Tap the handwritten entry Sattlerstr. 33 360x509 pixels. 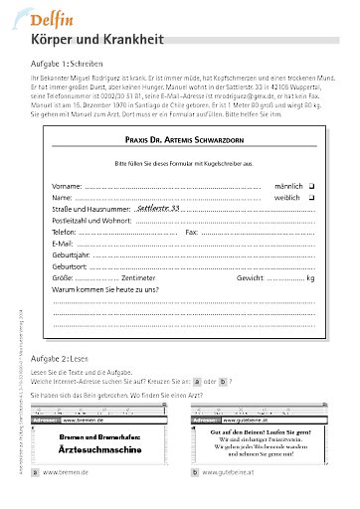158,210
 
